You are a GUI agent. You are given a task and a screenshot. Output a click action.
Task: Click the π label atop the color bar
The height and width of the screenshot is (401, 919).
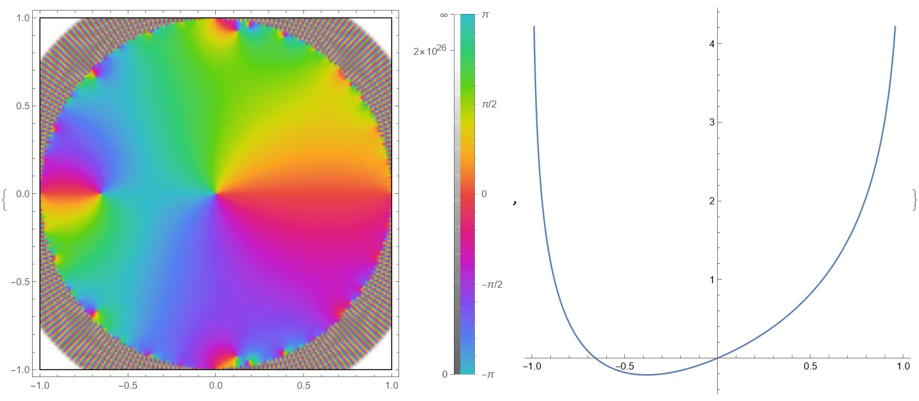point(485,14)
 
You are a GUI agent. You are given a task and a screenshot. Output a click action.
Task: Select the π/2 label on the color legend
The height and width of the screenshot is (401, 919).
point(489,104)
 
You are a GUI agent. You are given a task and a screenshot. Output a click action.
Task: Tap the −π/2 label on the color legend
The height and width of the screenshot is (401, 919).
point(491,284)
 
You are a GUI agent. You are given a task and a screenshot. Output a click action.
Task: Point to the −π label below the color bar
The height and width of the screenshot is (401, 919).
point(487,374)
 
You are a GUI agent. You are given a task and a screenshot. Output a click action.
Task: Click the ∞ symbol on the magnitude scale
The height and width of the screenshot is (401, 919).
point(443,15)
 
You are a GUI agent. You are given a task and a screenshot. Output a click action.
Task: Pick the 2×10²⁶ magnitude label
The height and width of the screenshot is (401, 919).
point(429,51)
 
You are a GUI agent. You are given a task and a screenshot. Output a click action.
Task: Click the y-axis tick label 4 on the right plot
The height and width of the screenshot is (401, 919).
point(711,43)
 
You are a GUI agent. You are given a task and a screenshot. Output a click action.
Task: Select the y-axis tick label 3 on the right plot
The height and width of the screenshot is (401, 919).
point(711,122)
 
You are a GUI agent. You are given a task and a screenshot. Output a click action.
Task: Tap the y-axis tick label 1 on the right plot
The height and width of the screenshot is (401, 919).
point(711,280)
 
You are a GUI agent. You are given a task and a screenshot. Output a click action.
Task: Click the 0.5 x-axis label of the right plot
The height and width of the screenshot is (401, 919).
point(810,367)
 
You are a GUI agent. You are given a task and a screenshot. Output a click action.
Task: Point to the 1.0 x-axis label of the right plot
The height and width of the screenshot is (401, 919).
point(903,367)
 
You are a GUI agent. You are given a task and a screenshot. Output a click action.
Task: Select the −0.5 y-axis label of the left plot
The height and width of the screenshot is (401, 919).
point(22,281)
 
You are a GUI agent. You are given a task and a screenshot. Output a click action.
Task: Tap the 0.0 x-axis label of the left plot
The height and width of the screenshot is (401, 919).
point(216,385)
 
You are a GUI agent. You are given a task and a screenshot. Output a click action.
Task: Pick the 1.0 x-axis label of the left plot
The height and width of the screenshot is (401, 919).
point(392,385)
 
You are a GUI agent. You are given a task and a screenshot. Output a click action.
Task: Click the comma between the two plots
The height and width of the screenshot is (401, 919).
point(514,203)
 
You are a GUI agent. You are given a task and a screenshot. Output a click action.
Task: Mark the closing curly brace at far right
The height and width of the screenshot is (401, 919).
point(914,200)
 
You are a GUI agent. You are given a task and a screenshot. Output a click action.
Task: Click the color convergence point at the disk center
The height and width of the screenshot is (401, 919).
point(216,193)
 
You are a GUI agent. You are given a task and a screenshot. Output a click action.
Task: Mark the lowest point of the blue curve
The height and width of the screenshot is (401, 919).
point(645,375)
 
